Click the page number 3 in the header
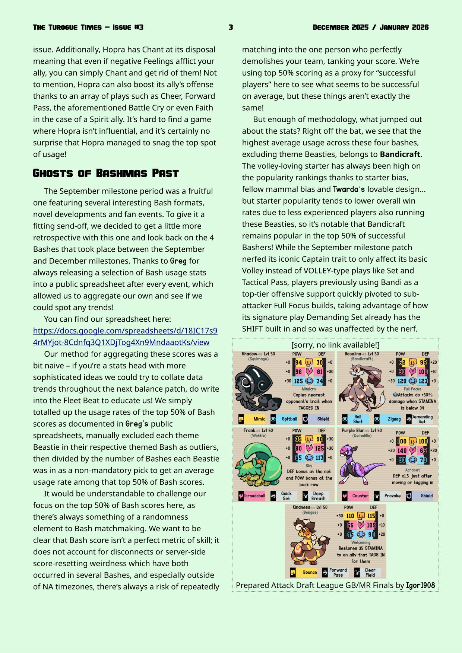(231, 27)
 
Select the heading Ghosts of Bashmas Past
(106, 173)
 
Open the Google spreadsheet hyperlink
(125, 337)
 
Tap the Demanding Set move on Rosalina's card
(421, 419)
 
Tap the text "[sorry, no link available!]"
(335, 345)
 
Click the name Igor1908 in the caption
(420, 585)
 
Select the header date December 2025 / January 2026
(370, 27)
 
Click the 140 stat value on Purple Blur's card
(402, 450)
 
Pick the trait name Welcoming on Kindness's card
(361, 542)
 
